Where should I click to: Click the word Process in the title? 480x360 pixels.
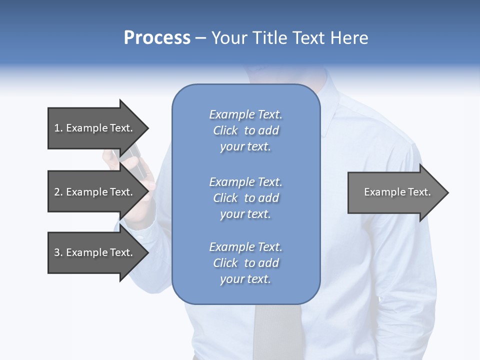pyautogui.click(x=157, y=38)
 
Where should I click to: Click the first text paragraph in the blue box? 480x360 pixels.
pyautogui.click(x=245, y=130)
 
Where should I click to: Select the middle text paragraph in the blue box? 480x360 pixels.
pyautogui.click(x=245, y=198)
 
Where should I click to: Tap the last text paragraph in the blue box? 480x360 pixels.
pyautogui.click(x=245, y=263)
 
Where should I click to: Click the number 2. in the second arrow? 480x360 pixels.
pyautogui.click(x=58, y=192)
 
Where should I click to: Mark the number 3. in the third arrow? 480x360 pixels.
pyautogui.click(x=58, y=252)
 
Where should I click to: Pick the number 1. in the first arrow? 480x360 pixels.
pyautogui.click(x=58, y=128)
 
